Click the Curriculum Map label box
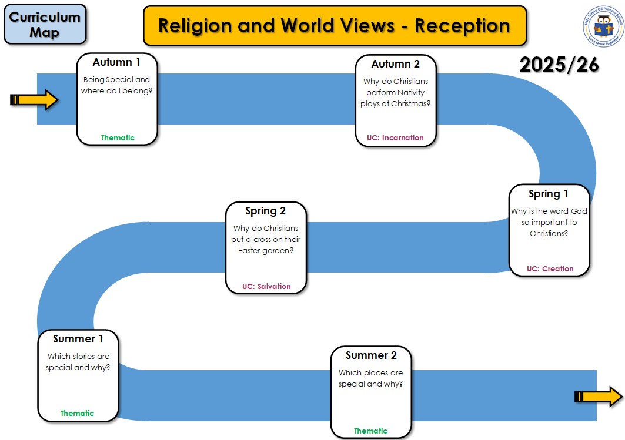point(45,24)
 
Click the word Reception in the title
point(462,25)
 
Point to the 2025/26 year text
point(559,65)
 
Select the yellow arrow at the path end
point(598,397)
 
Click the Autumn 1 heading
point(116,62)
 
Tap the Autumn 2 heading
point(396,63)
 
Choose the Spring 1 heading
point(549,194)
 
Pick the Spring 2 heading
point(265,210)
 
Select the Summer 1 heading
point(78,339)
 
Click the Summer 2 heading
point(371,355)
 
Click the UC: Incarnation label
point(395,138)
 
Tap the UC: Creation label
point(550,269)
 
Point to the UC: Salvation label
point(266,287)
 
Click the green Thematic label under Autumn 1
point(118,138)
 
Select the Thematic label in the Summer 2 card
point(370,431)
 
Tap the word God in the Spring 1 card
point(579,211)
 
